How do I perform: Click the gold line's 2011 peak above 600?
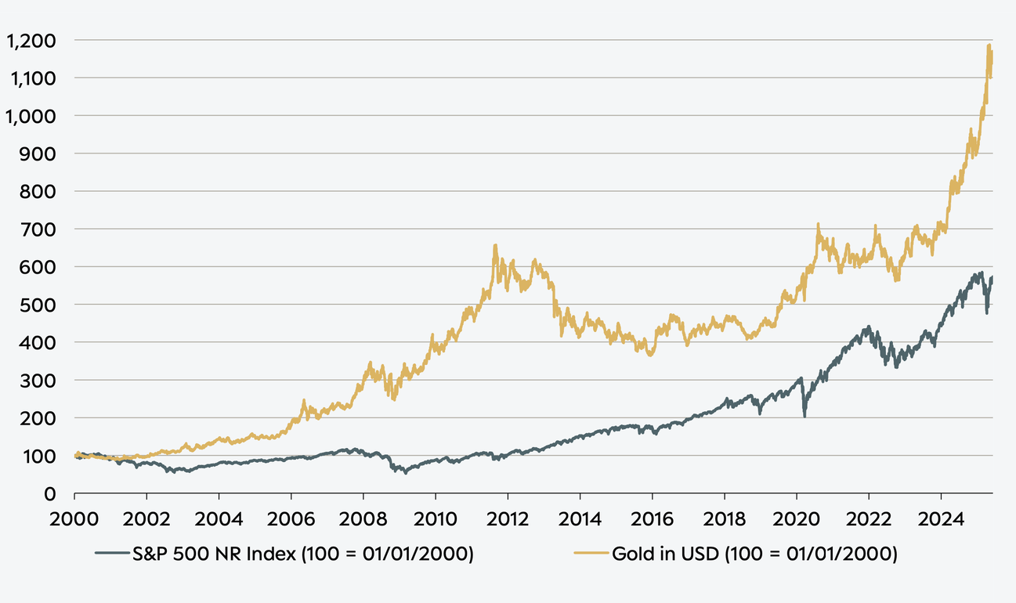pos(495,246)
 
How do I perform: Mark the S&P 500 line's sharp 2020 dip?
pos(804,416)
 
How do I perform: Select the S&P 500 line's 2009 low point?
pos(406,473)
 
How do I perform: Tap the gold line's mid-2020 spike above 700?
pos(818,225)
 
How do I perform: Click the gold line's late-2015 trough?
pos(650,355)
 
